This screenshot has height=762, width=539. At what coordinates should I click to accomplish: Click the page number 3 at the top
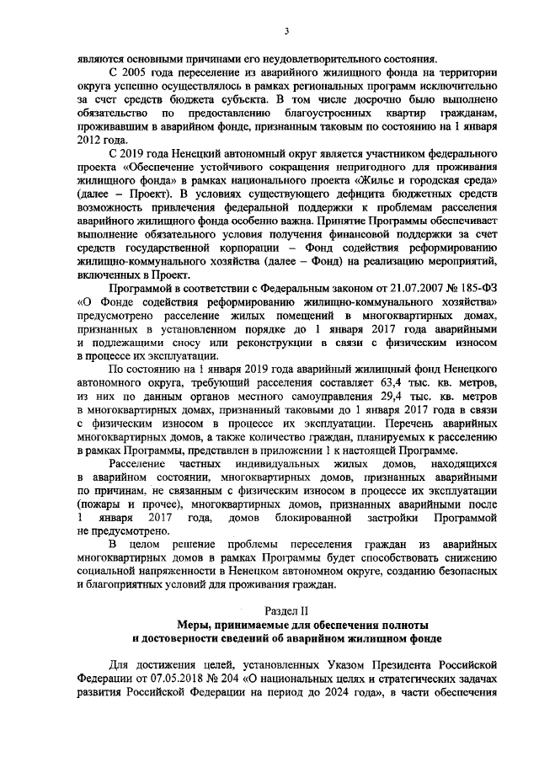[x=286, y=31]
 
